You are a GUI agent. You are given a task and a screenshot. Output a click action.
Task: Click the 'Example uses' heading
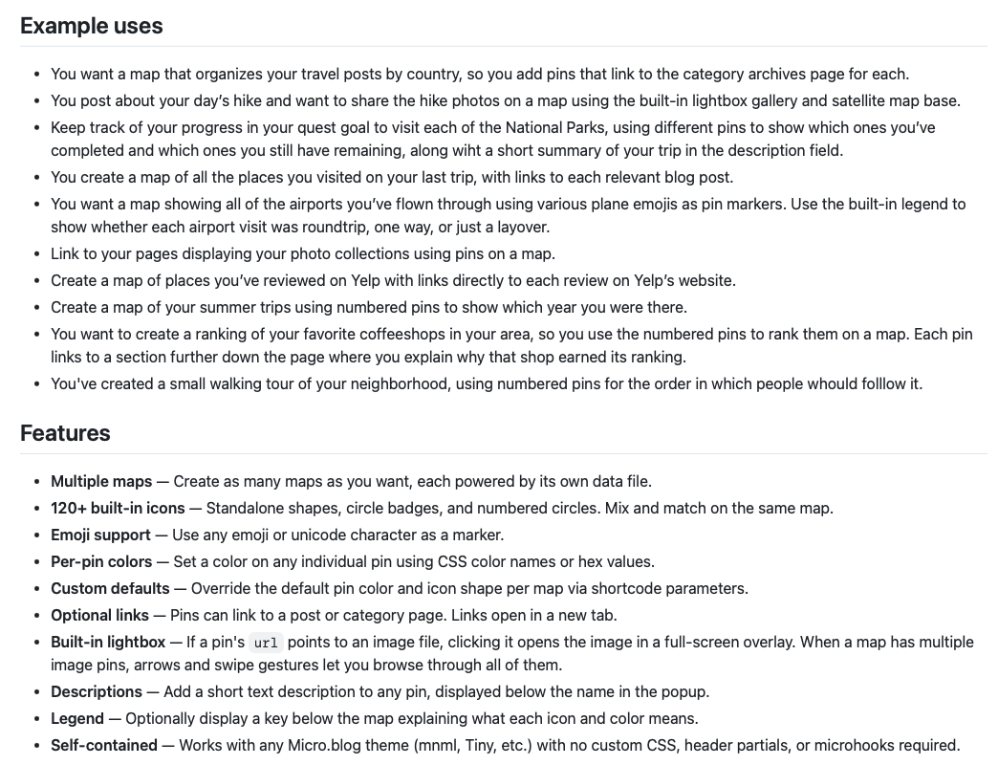(x=92, y=26)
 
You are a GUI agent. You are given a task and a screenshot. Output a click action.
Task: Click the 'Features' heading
(x=65, y=433)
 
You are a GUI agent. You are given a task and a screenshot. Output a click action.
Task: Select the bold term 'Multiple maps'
(x=101, y=481)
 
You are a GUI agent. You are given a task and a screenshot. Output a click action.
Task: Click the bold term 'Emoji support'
(x=100, y=535)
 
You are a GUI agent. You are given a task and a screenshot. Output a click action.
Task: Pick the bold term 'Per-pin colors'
(x=101, y=561)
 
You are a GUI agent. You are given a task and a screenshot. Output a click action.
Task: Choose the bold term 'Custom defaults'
(x=110, y=588)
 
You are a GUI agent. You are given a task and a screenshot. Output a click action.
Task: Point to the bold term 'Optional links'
(x=99, y=615)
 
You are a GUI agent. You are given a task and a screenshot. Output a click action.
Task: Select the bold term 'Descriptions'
(x=97, y=691)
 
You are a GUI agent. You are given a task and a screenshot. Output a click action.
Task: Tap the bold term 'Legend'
(x=77, y=718)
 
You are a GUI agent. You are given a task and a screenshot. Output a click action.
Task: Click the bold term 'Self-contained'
(x=104, y=745)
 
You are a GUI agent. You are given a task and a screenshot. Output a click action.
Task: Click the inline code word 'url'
(x=266, y=643)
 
